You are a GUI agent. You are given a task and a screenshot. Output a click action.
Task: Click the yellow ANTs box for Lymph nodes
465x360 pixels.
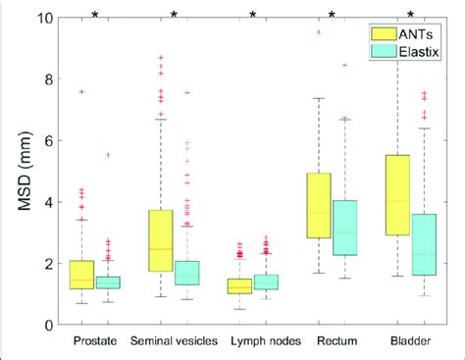pos(238,286)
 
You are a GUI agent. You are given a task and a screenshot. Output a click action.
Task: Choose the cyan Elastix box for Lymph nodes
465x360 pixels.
pos(266,283)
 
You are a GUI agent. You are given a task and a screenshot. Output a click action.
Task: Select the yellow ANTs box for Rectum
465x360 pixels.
pos(318,206)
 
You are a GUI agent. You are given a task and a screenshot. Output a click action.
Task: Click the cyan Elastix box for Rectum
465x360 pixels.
pos(345,228)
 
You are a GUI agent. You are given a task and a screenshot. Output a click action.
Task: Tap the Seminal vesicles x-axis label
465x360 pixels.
pos(174,343)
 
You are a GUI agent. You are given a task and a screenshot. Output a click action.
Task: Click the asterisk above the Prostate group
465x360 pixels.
pos(94,14)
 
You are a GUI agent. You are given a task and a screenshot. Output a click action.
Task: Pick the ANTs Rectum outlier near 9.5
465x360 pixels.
pos(318,32)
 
